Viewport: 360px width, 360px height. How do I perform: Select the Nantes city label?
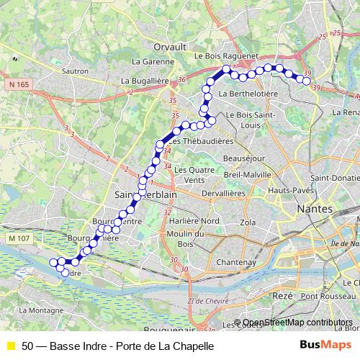[315, 208]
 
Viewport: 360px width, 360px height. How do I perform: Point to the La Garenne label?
[158, 62]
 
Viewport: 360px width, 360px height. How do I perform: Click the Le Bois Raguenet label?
[225, 55]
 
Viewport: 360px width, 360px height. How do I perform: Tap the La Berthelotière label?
[248, 94]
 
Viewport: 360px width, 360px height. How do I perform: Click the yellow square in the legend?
[10, 346]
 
